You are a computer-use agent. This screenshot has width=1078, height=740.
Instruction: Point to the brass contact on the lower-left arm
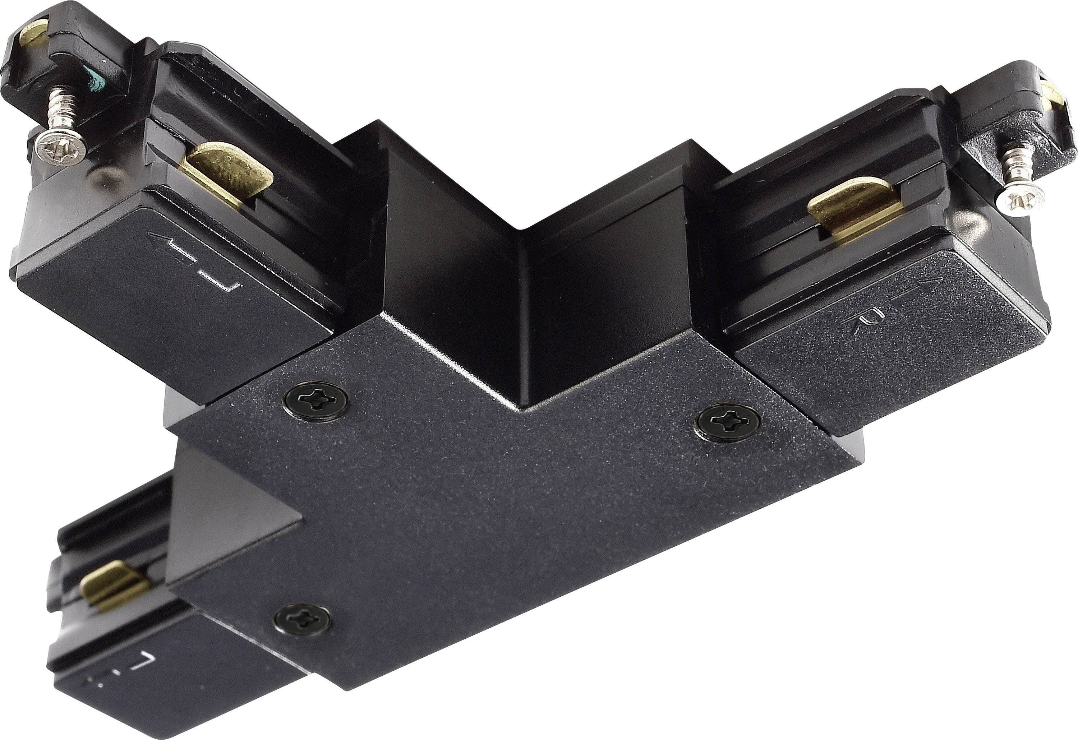tap(114, 584)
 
